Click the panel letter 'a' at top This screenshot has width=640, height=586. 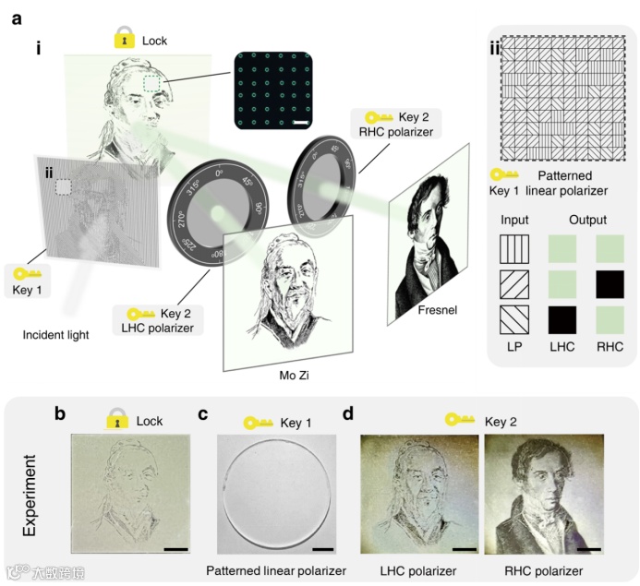coord(18,18)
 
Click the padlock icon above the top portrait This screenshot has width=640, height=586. coord(122,40)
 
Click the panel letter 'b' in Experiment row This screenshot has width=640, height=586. coord(60,413)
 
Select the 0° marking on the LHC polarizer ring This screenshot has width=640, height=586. coord(220,173)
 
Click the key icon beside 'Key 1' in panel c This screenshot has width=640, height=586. coord(257,423)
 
